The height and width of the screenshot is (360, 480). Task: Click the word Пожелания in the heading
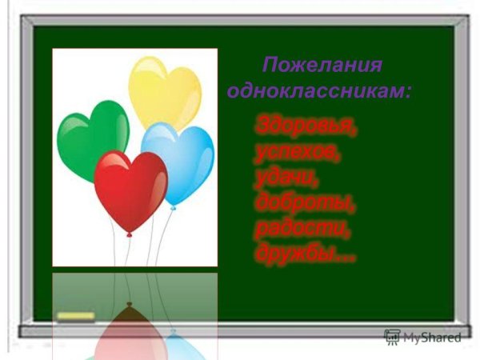pos(322,65)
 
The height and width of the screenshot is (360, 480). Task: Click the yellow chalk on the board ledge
pos(76,317)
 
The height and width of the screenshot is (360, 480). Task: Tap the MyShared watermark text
pos(432,338)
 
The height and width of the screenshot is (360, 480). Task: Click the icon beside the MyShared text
pos(392,337)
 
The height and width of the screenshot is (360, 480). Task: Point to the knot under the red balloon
pos(128,234)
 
